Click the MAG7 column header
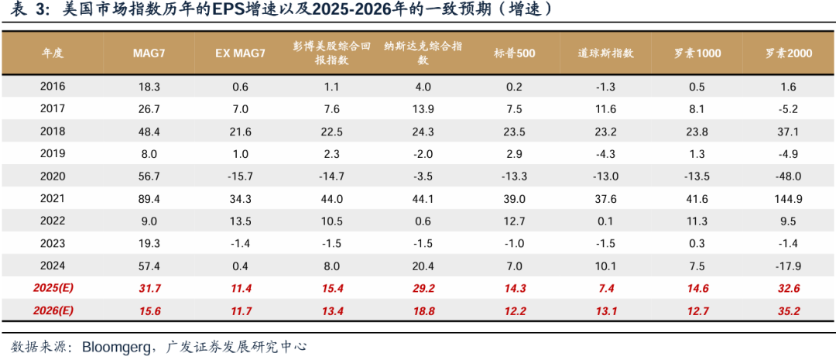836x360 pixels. click(x=149, y=53)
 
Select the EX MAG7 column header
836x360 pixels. click(x=240, y=53)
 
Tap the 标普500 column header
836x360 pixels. click(x=514, y=53)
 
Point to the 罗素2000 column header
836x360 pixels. click(x=789, y=53)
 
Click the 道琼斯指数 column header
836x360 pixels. click(x=605, y=53)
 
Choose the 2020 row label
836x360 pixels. click(x=53, y=176)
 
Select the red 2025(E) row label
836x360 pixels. click(x=53, y=288)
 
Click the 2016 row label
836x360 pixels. click(x=53, y=87)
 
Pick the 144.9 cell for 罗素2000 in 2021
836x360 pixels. click(x=789, y=198)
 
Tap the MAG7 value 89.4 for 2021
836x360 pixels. click(x=149, y=198)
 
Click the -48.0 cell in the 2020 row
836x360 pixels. click(x=789, y=176)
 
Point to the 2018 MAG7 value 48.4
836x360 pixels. click(x=149, y=131)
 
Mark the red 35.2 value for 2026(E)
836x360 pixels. click(x=789, y=311)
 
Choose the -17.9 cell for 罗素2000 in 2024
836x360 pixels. click(x=789, y=266)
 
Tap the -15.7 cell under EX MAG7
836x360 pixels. click(x=240, y=176)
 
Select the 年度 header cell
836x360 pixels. click(x=53, y=53)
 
